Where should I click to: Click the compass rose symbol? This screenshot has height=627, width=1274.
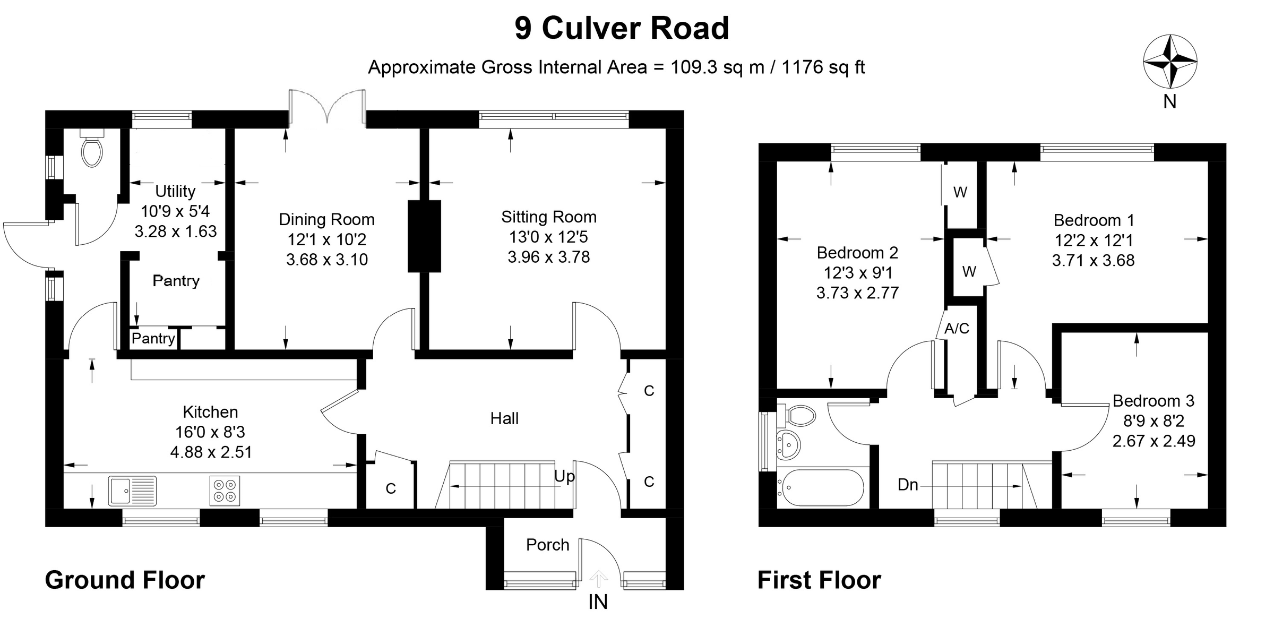coord(1170,62)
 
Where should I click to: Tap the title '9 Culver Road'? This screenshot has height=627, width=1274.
coord(622,28)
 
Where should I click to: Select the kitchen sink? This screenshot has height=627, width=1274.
coord(132,490)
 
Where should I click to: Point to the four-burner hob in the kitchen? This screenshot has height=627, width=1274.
coord(225,491)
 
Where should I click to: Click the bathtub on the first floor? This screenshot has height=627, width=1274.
coord(821,487)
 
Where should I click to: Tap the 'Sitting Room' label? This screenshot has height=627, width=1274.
coord(549,217)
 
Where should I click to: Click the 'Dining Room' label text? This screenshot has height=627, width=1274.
coord(326,219)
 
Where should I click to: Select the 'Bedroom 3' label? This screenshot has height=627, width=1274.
coord(1153,400)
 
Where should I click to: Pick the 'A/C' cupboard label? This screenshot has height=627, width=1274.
coord(957,329)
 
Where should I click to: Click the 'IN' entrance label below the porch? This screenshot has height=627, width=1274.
coord(598,602)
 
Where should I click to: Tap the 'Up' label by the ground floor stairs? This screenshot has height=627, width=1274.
coord(564,476)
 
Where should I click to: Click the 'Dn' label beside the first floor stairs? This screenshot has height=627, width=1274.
coord(908,485)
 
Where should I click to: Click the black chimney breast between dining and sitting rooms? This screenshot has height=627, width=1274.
coord(424,236)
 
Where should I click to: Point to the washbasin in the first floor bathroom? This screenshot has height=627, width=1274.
coord(788,444)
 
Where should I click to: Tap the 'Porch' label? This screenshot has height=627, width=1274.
coord(547,545)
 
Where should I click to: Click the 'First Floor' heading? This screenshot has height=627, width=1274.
coord(819,580)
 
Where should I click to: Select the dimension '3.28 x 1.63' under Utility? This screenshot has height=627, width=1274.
coord(176,231)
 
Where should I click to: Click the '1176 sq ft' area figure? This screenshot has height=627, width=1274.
coord(823,67)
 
